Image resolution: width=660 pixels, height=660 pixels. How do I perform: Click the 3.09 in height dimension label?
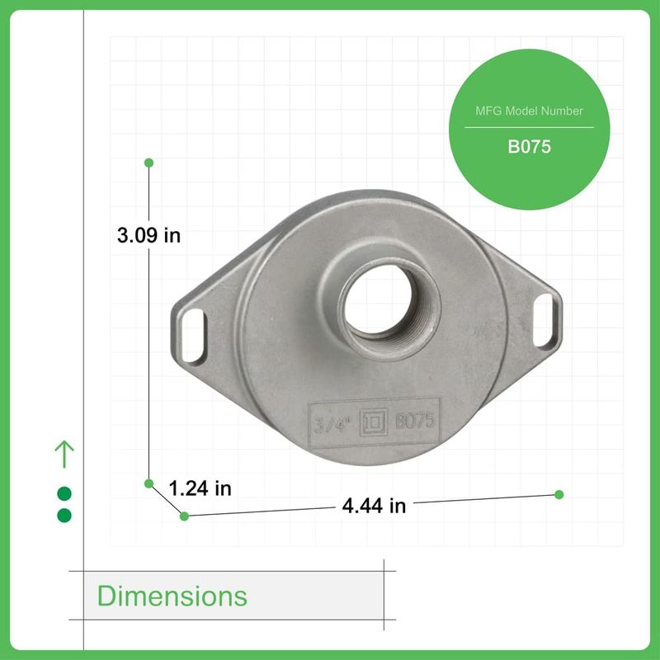click(148, 235)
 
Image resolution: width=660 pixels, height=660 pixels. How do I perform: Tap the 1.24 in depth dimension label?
click(200, 488)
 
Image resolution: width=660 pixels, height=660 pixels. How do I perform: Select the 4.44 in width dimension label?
click(374, 506)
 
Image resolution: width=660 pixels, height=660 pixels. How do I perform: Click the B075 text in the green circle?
click(529, 147)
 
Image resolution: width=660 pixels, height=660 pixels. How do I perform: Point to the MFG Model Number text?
click(529, 111)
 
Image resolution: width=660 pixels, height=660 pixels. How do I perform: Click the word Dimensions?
click(172, 596)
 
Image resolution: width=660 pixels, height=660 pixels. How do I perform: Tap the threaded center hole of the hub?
click(378, 301)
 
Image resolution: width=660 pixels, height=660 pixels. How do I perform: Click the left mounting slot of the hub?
click(192, 335)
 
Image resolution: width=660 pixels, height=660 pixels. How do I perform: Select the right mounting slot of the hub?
click(544, 320)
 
